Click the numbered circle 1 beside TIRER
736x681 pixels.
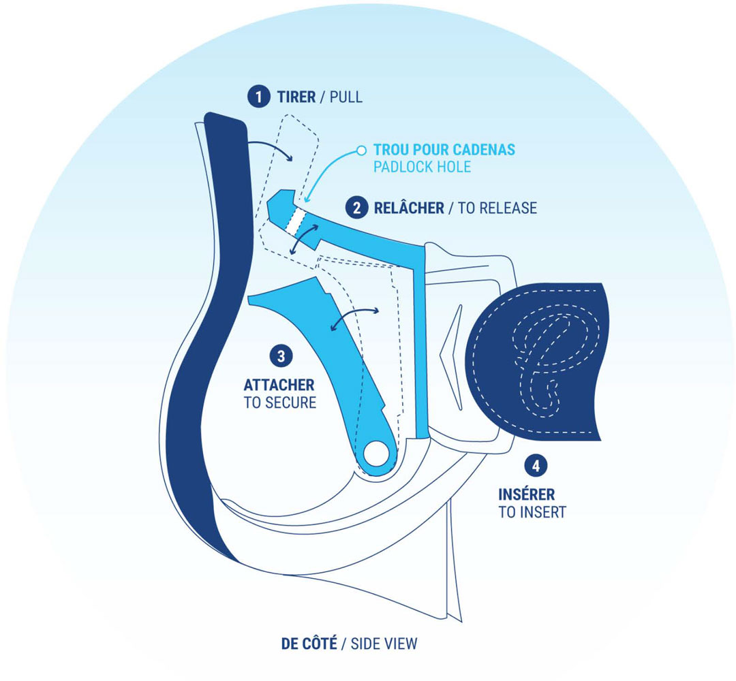[257, 97]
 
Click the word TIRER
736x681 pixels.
[296, 97]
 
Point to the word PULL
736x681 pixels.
[346, 97]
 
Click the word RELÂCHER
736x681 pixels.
[409, 207]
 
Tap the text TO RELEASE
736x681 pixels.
[497, 207]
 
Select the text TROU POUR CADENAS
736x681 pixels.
[444, 150]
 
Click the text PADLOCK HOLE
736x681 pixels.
[423, 167]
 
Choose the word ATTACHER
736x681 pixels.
[279, 385]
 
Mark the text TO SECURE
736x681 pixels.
[279, 402]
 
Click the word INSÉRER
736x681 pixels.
[526, 494]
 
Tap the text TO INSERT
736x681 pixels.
[532, 512]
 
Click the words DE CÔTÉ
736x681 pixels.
[309, 644]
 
